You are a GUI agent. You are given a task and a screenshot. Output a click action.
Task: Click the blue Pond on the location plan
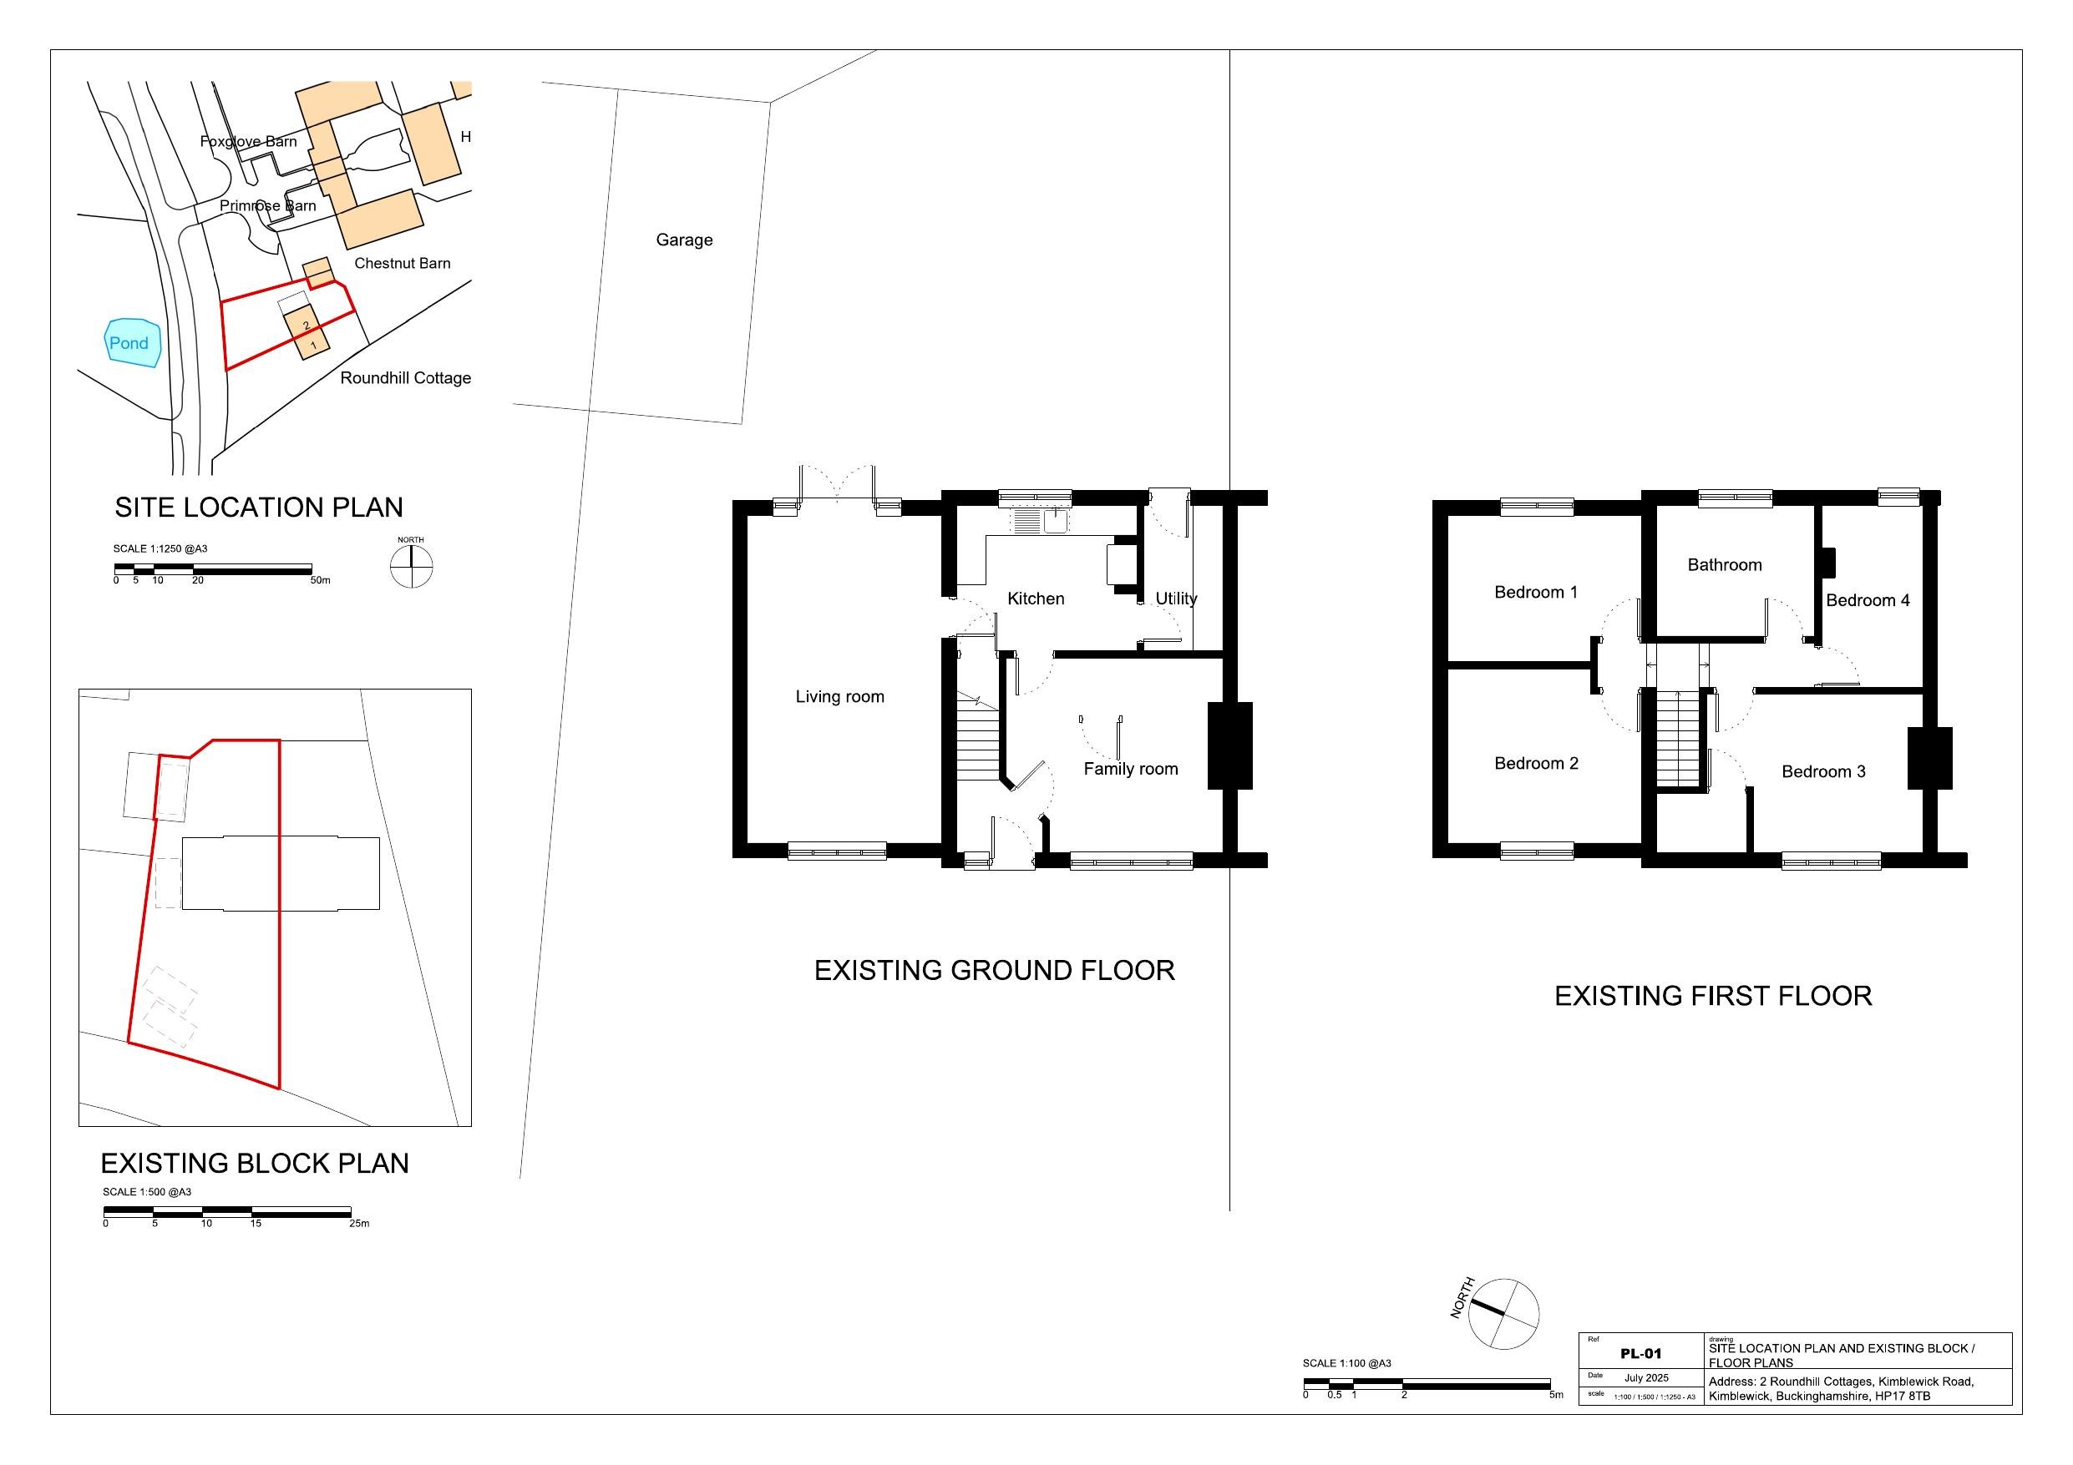tap(132, 343)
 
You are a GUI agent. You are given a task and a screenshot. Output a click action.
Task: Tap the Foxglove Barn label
tap(248, 142)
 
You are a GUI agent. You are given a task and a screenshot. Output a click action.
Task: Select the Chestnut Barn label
tap(402, 264)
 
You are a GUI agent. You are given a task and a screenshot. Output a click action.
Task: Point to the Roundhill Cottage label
tap(405, 378)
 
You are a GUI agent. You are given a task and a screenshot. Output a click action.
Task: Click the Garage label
tap(683, 240)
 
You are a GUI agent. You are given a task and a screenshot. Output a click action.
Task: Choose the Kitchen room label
tap(1036, 599)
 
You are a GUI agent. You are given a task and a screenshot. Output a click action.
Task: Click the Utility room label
tap(1175, 599)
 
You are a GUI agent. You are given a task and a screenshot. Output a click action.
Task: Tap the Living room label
tap(839, 697)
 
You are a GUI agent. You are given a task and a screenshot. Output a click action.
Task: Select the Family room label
tap(1130, 769)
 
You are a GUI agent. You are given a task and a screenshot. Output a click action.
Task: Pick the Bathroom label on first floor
tap(1725, 565)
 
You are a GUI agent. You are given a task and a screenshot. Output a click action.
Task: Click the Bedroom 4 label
tap(1868, 600)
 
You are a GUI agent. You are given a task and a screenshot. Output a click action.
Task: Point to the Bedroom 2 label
tap(1536, 764)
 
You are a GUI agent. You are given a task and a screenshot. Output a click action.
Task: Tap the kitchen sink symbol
tap(1055, 521)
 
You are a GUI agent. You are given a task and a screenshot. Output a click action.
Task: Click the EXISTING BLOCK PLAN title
tap(255, 1164)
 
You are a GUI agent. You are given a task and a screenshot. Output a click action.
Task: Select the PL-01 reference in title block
tap(1640, 1353)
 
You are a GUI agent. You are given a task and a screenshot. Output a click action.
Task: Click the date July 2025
tap(1646, 1378)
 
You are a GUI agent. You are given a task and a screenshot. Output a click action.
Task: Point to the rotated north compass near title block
tap(1503, 1314)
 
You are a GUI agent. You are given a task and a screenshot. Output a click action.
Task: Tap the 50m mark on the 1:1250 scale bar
tap(321, 580)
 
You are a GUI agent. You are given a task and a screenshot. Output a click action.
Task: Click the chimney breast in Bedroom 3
tap(1929, 758)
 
